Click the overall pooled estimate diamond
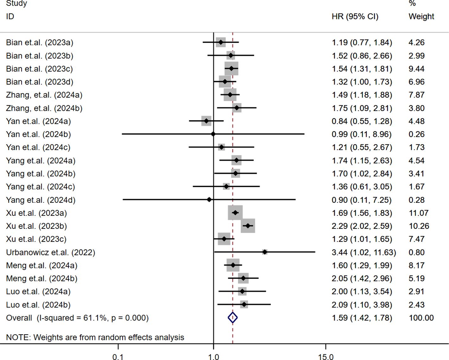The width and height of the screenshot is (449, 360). click(233, 318)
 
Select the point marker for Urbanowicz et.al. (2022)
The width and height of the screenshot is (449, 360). click(265, 252)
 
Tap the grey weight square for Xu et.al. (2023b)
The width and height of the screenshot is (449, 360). click(248, 226)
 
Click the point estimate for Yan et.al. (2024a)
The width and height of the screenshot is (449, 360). click(207, 121)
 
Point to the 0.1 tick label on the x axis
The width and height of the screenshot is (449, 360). click(118, 357)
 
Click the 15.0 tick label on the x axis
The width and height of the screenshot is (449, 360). click(326, 357)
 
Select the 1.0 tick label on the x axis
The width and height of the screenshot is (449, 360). click(214, 357)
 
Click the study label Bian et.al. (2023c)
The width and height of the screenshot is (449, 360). click(39, 69)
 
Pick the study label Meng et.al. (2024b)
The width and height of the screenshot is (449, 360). click(42, 279)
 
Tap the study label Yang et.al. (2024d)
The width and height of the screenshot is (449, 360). click(41, 200)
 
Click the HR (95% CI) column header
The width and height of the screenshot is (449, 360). click(355, 16)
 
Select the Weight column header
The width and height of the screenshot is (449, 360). click(421, 16)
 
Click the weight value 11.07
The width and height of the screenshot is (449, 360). click(419, 213)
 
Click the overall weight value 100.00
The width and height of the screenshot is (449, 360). click(421, 318)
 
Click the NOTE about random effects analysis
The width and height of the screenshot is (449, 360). click(95, 337)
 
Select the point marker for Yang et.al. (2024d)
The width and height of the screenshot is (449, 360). click(209, 200)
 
